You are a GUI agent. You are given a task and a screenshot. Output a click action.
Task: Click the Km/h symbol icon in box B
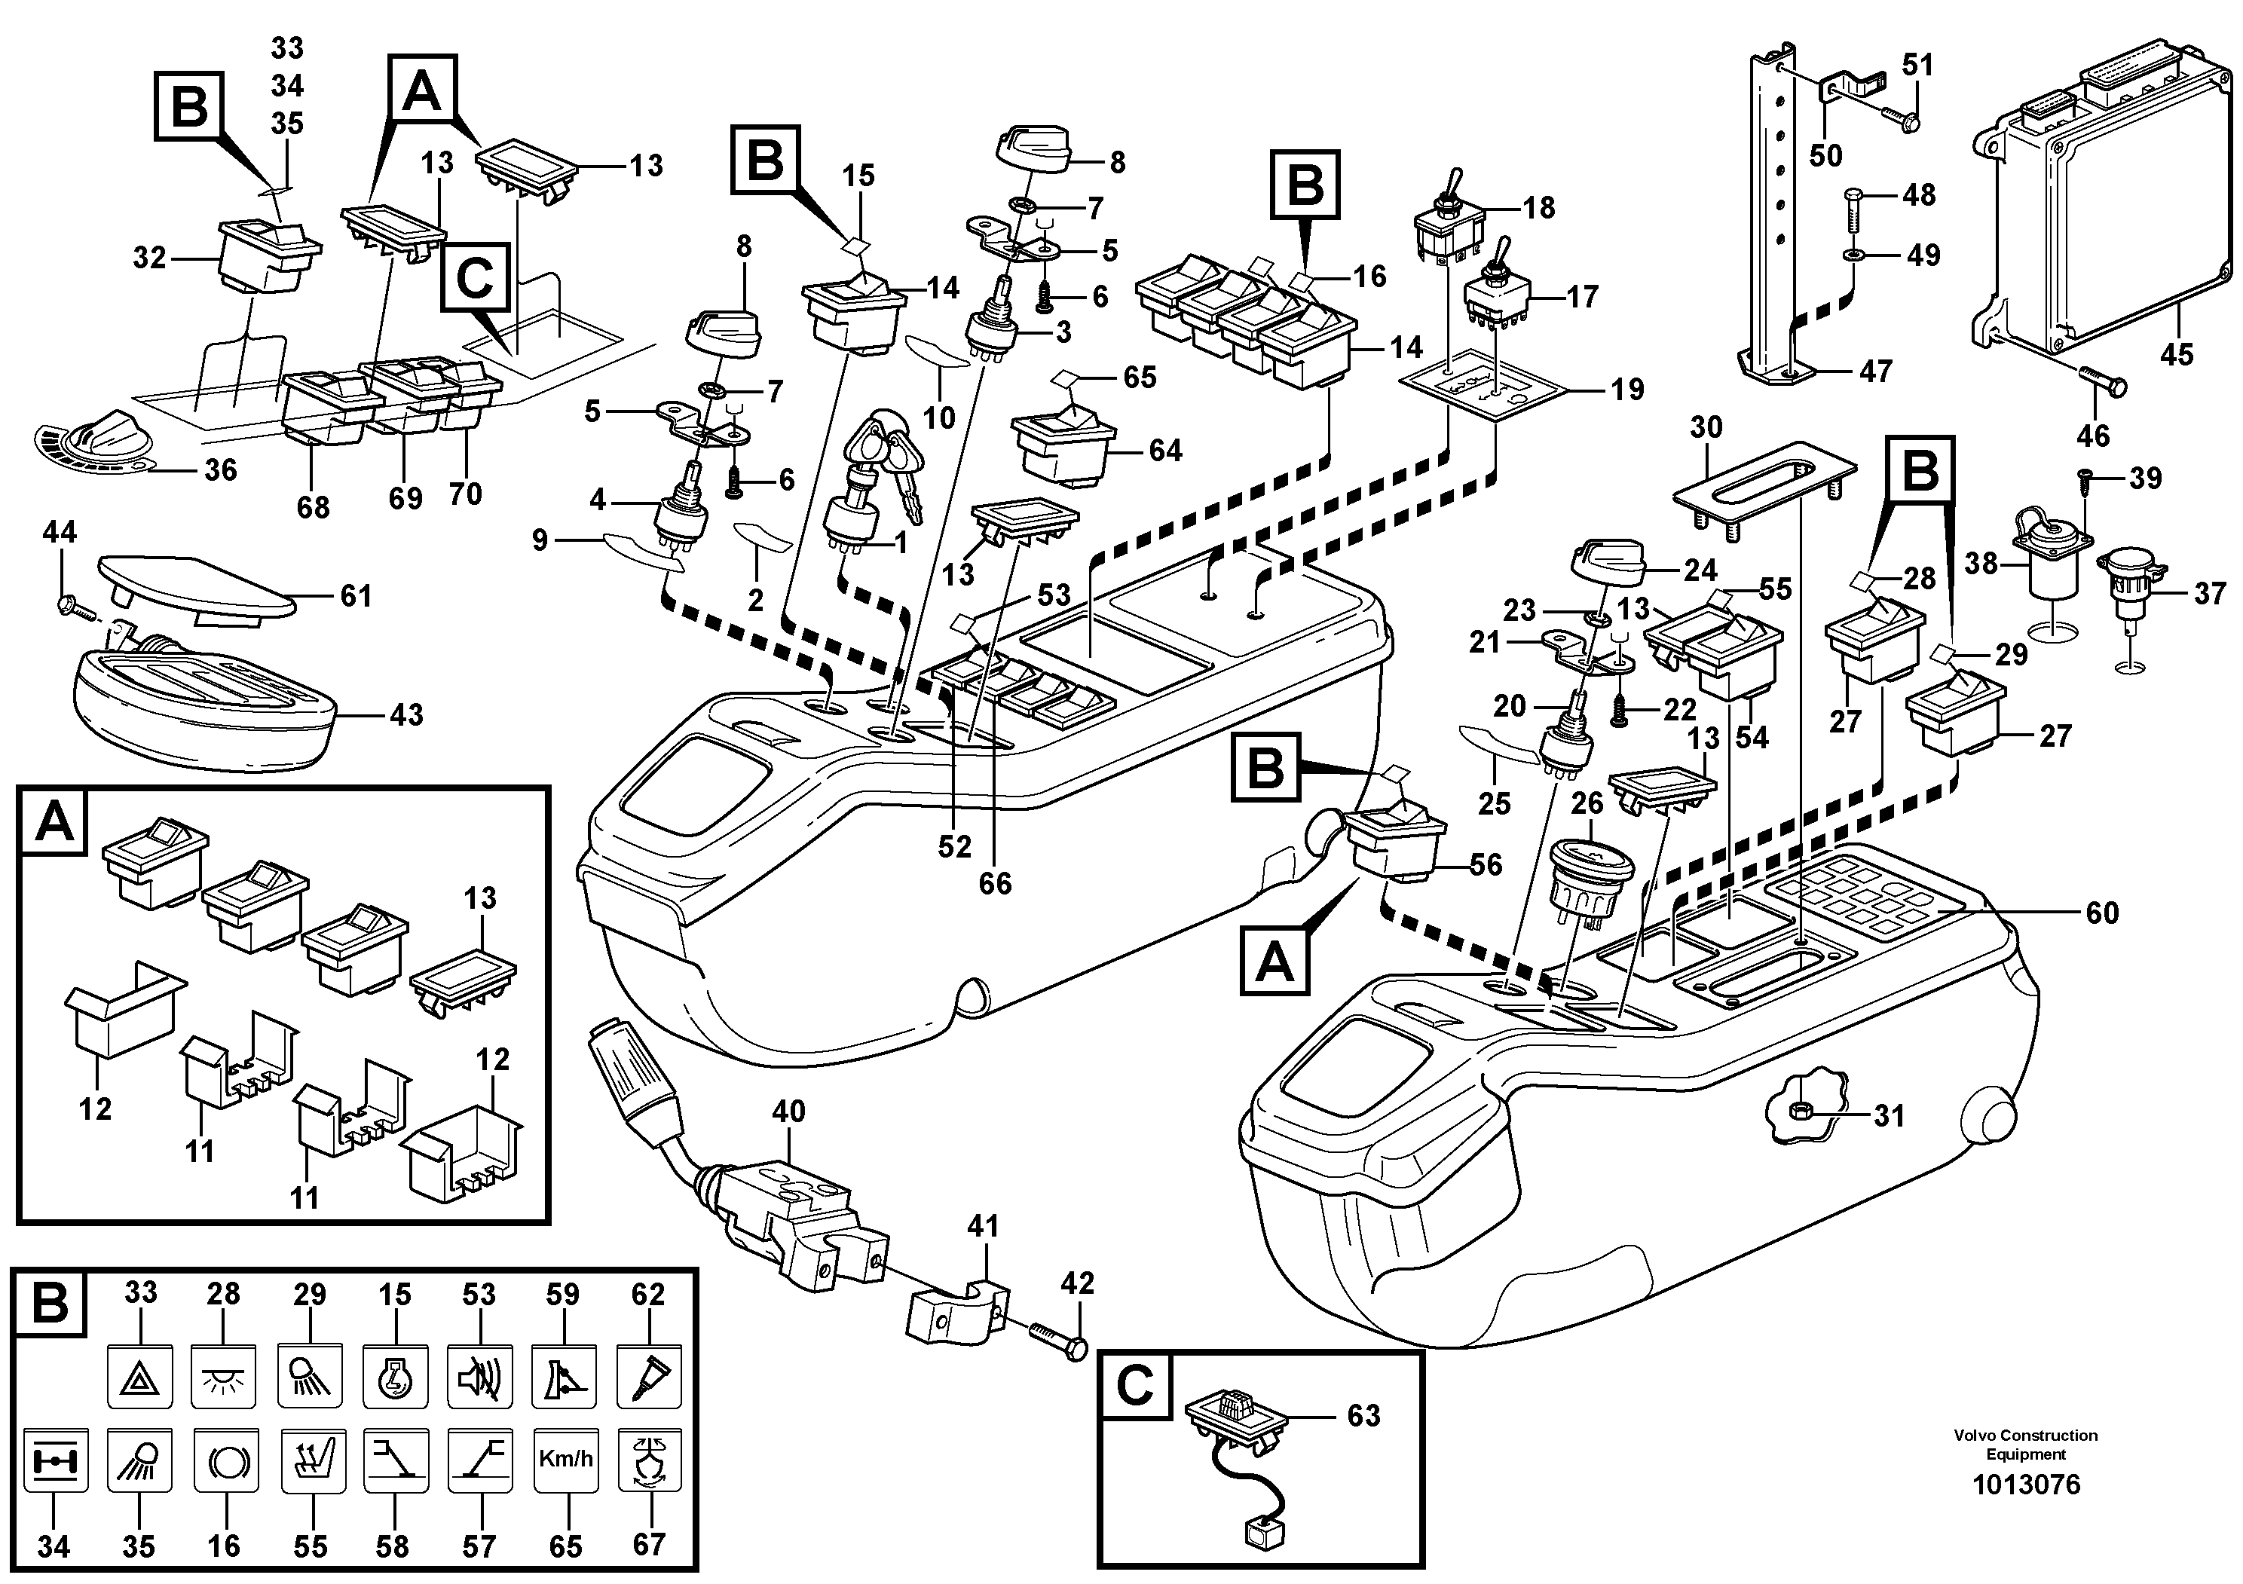(565, 1460)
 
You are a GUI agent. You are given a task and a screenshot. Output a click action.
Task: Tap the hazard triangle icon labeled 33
(139, 1377)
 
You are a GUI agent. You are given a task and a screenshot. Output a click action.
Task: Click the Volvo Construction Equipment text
(2025, 1443)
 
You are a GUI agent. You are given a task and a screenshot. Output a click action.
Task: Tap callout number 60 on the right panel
(2101, 913)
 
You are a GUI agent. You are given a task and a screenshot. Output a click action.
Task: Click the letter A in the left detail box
(54, 822)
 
